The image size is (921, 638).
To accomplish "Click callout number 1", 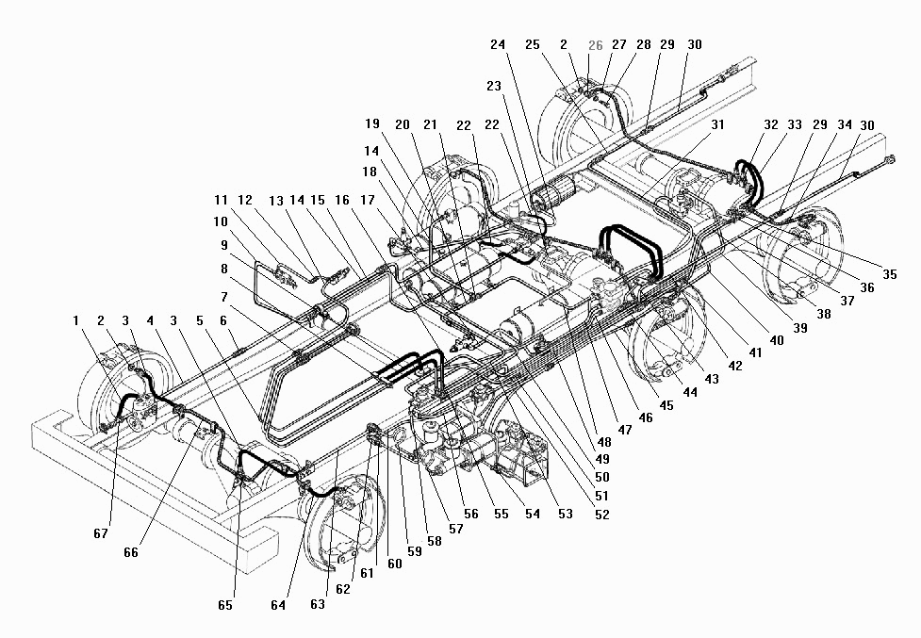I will tap(76, 321).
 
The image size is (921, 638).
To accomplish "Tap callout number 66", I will tap(131, 552).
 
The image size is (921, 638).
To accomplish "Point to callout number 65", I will tap(224, 605).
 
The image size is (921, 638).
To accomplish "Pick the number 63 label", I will tap(318, 604).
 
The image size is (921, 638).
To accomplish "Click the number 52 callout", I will tap(601, 515).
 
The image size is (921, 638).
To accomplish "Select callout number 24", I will tap(498, 44).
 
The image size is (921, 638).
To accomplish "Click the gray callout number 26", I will tap(595, 45).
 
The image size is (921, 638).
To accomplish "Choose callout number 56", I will tap(471, 515).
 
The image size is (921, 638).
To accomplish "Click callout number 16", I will tap(341, 201).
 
